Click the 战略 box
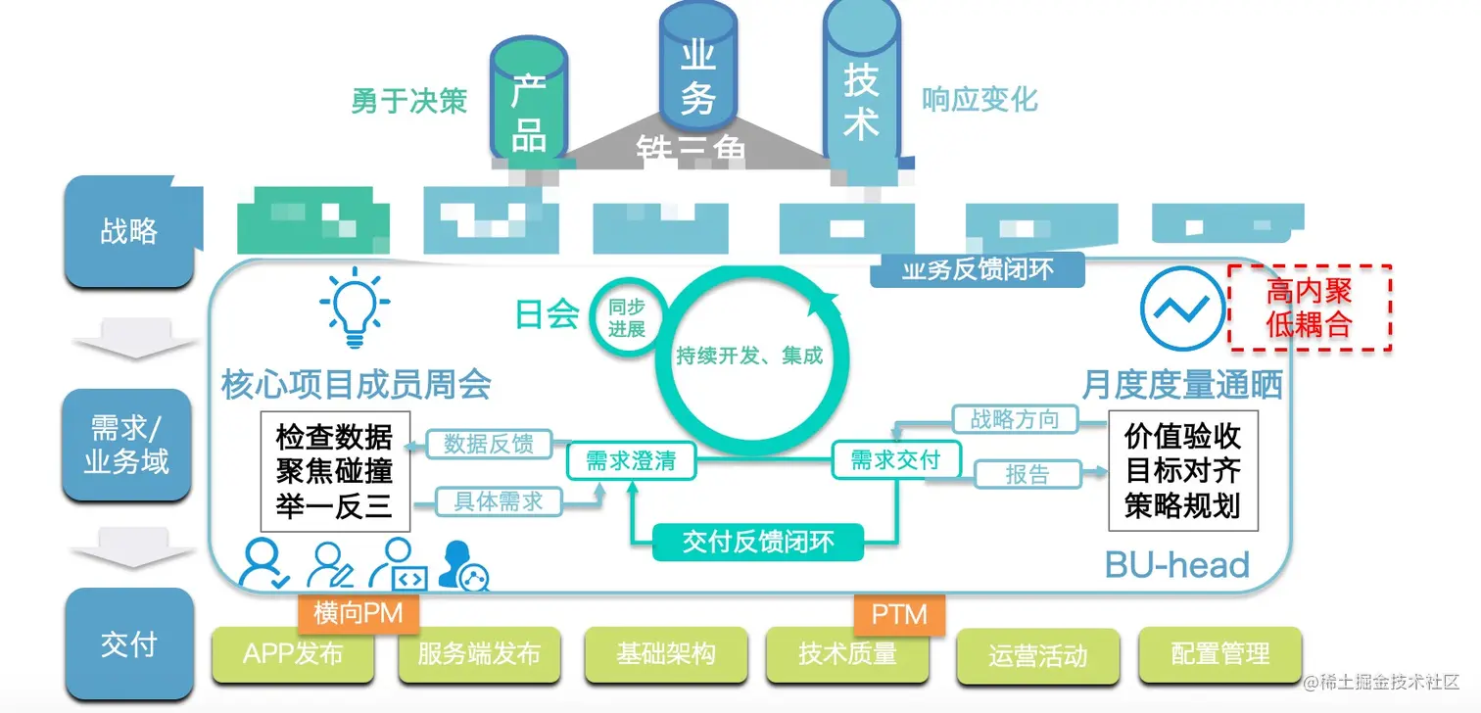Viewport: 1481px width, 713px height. coord(128,232)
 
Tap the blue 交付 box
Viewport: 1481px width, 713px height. coord(128,644)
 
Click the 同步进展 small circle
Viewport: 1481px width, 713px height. coord(626,319)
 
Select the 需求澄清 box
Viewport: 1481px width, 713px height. coord(631,461)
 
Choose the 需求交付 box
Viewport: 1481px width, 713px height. coord(895,459)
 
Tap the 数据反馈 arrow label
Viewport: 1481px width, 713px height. coord(489,444)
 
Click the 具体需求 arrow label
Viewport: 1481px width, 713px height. coord(498,502)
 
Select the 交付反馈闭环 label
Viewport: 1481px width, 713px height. coord(758,542)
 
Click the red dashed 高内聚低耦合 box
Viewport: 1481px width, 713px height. coord(1310,308)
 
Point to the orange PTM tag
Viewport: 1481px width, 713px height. coord(899,614)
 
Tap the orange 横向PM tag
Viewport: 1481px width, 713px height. coord(352,613)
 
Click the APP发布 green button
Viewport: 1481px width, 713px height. coord(293,653)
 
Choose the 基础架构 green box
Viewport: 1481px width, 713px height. coord(665,653)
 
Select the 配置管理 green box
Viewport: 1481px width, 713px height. coord(1219,653)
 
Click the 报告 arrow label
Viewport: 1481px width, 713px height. coord(1027,475)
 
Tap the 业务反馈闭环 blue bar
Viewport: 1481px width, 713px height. coord(977,269)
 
